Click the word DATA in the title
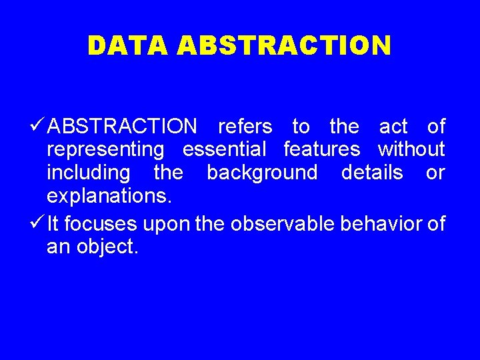tap(129, 45)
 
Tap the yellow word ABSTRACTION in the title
tap(285, 45)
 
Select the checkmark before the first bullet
tap(38, 125)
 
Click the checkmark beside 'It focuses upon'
tap(38, 223)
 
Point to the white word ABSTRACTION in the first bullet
tap(123, 126)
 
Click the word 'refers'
tap(245, 126)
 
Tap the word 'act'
tap(393, 126)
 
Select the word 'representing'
tap(105, 149)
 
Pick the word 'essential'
tap(224, 149)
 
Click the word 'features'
tap(321, 149)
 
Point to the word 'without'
tap(411, 149)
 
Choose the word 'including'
tap(89, 173)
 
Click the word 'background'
tap(262, 173)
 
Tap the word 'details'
tap(372, 173)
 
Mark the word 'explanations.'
tap(109, 196)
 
